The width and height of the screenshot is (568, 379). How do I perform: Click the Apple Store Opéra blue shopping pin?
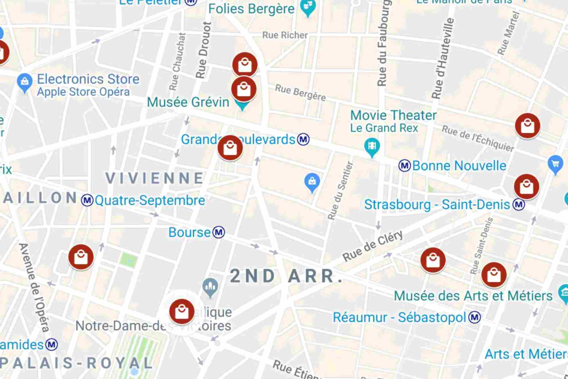(25, 82)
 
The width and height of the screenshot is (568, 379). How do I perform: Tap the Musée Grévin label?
(188, 102)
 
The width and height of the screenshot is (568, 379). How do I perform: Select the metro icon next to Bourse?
(219, 232)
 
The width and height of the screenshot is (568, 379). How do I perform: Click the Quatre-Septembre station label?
(150, 200)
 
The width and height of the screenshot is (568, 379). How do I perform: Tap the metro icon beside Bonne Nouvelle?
(404, 166)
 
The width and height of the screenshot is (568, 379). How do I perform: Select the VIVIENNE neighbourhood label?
(155, 178)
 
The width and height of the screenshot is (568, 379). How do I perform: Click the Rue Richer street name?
(285, 35)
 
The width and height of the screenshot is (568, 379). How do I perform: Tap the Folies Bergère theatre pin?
(308, 9)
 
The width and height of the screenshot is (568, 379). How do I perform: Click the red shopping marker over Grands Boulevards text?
(230, 148)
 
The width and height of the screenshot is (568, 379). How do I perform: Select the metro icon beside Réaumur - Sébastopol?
(475, 317)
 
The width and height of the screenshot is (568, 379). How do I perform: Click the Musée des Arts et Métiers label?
(473, 296)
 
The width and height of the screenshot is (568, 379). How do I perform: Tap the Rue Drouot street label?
(204, 50)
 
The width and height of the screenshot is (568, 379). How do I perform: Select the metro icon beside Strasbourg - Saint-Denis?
(519, 204)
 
